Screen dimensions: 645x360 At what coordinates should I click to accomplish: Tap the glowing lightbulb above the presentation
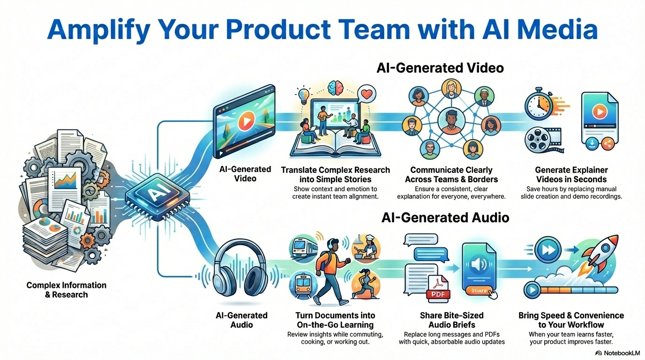304,93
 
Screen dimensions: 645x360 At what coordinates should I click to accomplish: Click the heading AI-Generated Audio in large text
445,217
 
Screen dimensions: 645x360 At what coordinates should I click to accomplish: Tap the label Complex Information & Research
66,290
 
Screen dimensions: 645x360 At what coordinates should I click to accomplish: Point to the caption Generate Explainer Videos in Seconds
571,174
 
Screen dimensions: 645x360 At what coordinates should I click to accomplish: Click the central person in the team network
452,120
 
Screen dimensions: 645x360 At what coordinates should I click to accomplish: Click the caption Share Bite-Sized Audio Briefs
451,320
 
